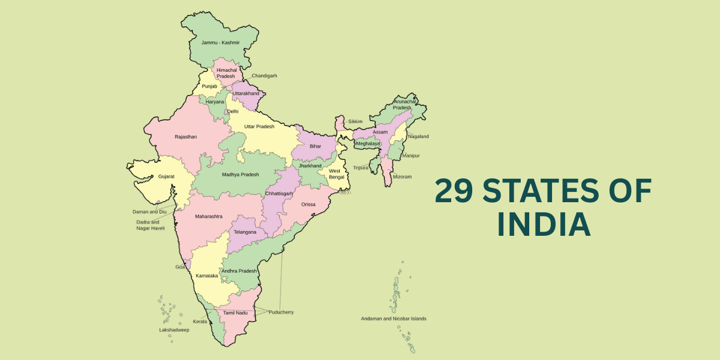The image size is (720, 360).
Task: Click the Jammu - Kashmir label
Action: (x=220, y=43)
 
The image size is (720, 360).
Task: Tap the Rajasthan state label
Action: (x=185, y=137)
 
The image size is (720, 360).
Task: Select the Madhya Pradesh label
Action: (x=240, y=175)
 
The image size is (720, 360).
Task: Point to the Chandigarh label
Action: (x=264, y=76)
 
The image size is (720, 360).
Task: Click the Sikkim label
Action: (x=355, y=122)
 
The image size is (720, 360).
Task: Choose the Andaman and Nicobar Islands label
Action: (x=393, y=319)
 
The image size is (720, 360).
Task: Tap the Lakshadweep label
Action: (x=174, y=330)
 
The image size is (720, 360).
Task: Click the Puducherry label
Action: (x=281, y=312)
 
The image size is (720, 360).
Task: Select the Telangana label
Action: (x=245, y=232)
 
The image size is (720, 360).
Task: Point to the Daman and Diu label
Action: (x=149, y=212)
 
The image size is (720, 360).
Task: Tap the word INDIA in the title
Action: (x=544, y=225)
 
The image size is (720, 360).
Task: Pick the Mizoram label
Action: (x=402, y=177)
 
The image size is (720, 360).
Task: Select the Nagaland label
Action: (x=418, y=136)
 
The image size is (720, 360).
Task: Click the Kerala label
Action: (x=200, y=322)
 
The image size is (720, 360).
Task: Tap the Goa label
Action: (x=180, y=266)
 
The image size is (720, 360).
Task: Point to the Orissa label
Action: (x=308, y=204)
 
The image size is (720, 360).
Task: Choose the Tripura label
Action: (x=361, y=167)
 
